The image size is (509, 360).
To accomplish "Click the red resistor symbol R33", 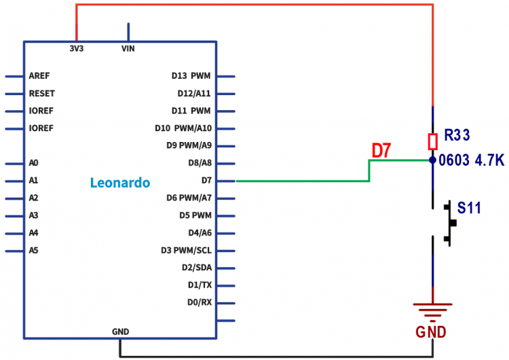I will tap(432, 141).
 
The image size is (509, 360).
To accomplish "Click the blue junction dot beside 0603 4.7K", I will tap(432, 160).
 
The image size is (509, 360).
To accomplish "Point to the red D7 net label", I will tap(381, 151).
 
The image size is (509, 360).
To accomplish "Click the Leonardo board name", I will tap(120, 183).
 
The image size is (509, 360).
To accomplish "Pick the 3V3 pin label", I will tap(76, 49).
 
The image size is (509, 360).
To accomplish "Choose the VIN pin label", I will tap(128, 49).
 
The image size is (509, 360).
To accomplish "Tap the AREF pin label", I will tap(39, 75).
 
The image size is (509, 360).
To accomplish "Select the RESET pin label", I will tap(42, 93).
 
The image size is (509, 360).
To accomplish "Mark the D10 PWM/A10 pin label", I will tap(183, 128).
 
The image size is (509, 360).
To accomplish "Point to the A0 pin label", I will tap(34, 163).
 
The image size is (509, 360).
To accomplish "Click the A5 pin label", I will tap(34, 250).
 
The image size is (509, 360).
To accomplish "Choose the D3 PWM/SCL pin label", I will tap(186, 250).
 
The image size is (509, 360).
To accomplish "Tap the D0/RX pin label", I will tap(200, 302).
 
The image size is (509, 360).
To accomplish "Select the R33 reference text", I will tap(457, 135).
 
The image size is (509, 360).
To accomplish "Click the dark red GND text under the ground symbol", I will tap(432, 332).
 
